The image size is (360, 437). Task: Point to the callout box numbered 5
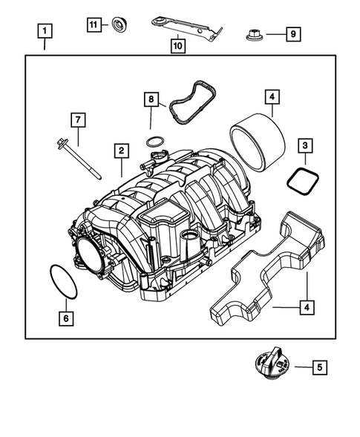(x=319, y=366)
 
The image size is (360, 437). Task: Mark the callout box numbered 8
(x=151, y=98)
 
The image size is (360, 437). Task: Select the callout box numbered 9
(x=292, y=33)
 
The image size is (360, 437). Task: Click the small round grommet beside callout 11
(x=118, y=25)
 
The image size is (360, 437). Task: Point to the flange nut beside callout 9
(x=251, y=34)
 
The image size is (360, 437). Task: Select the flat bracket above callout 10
(x=186, y=25)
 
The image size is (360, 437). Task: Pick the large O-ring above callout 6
(x=62, y=282)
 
